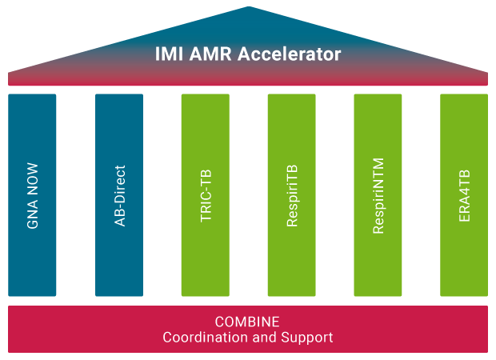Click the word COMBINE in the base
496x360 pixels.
tap(247, 322)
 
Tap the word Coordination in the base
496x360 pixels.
tap(205, 338)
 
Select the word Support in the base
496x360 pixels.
tap(308, 338)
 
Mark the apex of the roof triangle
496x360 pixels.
tap(248, 8)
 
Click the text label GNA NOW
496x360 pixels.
tap(33, 196)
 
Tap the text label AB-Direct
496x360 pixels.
tap(120, 196)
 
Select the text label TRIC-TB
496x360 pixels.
tap(206, 196)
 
